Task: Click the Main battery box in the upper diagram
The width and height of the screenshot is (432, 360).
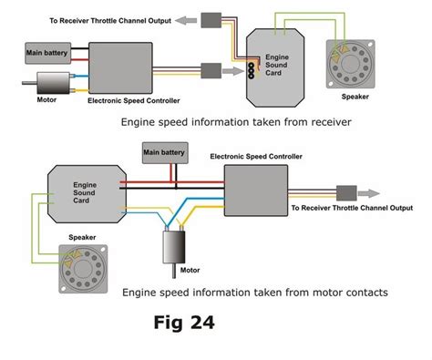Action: tap(46, 54)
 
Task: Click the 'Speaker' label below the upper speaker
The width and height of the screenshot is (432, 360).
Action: tap(355, 95)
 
